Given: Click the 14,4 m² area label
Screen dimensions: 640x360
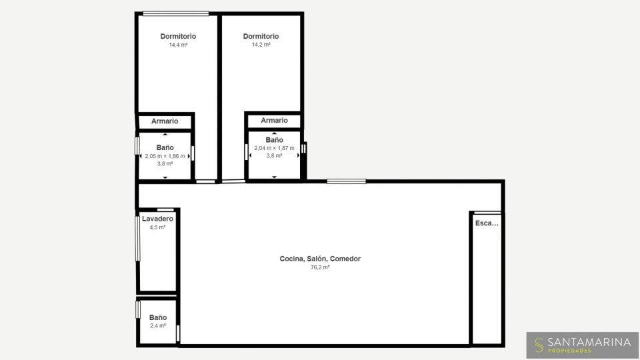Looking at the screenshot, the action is tap(179, 45).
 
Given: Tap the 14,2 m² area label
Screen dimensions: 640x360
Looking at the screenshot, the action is tap(261, 45).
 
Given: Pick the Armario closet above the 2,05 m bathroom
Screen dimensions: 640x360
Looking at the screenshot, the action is tap(165, 121).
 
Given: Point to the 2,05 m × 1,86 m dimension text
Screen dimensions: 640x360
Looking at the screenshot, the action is tap(165, 156).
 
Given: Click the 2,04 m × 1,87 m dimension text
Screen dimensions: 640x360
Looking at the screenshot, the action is tap(274, 148).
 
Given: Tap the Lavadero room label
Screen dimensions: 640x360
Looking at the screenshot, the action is tap(157, 219).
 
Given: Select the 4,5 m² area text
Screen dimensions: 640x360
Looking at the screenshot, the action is tap(157, 227).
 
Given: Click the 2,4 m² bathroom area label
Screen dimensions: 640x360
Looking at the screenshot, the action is tap(158, 326).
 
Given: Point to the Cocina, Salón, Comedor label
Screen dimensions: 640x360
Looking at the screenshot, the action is tap(320, 259).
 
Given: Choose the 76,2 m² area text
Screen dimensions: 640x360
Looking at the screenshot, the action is tap(320, 267).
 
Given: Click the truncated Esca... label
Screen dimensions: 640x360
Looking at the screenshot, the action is tap(487, 223).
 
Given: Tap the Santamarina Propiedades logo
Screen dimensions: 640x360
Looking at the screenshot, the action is tap(583, 345).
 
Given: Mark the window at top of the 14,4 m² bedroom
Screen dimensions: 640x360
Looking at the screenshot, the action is tap(176, 13).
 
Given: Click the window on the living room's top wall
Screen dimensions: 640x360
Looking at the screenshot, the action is tap(346, 181).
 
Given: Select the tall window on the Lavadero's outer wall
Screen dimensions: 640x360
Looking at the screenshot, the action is tap(137, 239).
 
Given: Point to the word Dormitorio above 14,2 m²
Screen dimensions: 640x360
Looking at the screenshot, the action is tap(261, 36).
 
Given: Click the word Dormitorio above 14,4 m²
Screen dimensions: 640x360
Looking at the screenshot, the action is tap(179, 36).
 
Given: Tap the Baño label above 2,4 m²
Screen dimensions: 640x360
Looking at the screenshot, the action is tap(158, 317).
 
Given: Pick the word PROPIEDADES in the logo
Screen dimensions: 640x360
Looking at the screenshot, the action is tap(569, 351).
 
